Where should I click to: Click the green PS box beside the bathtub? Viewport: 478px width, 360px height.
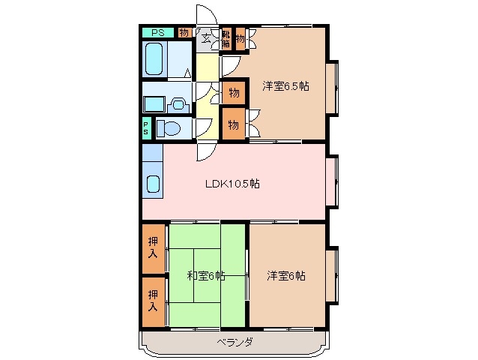click(158, 32)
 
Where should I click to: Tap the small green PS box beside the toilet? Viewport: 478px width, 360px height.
click(146, 128)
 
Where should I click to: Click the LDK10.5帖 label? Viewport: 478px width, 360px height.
click(234, 183)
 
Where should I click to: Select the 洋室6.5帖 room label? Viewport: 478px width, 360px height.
click(285, 85)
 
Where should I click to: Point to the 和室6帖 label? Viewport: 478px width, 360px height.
click(206, 275)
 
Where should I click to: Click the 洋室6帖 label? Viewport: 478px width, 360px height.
click(286, 275)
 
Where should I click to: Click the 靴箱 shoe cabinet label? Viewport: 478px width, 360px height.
click(225, 39)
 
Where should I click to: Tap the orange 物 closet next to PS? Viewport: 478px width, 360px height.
click(184, 32)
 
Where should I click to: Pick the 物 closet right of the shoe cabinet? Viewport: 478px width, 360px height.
click(240, 39)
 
